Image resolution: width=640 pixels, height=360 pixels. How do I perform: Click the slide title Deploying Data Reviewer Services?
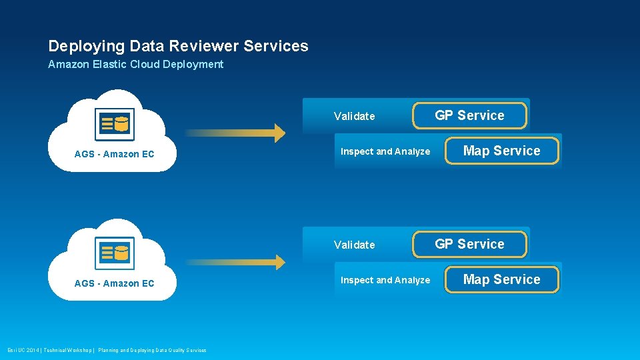[178, 46]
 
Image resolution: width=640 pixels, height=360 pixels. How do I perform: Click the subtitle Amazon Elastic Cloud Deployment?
[135, 65]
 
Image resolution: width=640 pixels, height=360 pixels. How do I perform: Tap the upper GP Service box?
[469, 116]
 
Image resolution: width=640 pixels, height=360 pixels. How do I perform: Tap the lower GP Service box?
[469, 245]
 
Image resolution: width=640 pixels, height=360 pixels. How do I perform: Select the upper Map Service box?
[501, 151]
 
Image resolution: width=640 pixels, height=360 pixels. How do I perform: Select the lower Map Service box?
[501, 280]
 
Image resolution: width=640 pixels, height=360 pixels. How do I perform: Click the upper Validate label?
[354, 117]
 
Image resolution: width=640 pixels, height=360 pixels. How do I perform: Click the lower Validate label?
[354, 245]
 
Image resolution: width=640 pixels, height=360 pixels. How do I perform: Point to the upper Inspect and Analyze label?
[385, 152]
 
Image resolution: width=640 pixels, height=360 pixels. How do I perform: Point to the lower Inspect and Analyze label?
[385, 281]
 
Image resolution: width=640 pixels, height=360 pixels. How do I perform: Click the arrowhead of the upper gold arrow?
[279, 133]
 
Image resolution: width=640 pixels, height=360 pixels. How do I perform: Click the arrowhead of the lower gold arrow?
[279, 262]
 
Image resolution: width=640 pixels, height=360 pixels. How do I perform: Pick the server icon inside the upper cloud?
[114, 124]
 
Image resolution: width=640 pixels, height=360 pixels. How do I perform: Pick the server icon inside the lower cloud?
[114, 253]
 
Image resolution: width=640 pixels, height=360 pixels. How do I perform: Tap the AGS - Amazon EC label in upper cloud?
[114, 155]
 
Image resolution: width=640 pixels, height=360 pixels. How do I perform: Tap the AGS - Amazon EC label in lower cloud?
[114, 284]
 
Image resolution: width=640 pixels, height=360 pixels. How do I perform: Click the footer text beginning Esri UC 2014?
[107, 350]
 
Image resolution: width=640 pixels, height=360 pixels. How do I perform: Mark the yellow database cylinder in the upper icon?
[121, 123]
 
